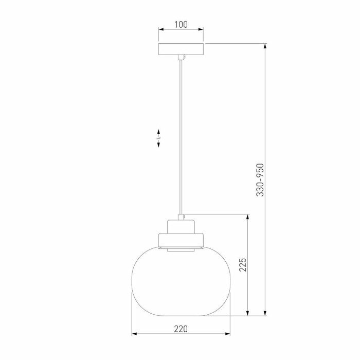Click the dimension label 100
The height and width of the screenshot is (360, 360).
181,24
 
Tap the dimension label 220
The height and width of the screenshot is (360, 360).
181,329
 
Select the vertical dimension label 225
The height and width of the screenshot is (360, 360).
243,265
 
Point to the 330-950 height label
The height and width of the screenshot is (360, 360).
260,180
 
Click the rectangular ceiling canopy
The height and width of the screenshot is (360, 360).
181,49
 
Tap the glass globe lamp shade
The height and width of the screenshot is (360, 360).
181,281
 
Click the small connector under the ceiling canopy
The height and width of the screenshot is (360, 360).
181,57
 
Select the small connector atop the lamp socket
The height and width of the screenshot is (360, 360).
181,217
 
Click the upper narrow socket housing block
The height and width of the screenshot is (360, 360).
181,227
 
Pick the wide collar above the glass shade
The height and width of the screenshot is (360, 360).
181,240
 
